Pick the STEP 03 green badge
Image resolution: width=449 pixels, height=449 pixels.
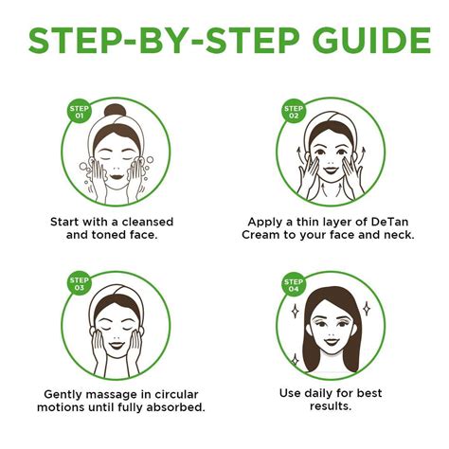pyautogui.click(x=78, y=283)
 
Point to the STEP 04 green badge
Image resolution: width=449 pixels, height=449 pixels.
pyautogui.click(x=293, y=283)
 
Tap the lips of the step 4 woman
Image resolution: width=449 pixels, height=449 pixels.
pyautogui.click(x=326, y=343)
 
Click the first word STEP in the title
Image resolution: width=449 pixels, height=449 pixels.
pyautogui.click(x=76, y=42)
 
